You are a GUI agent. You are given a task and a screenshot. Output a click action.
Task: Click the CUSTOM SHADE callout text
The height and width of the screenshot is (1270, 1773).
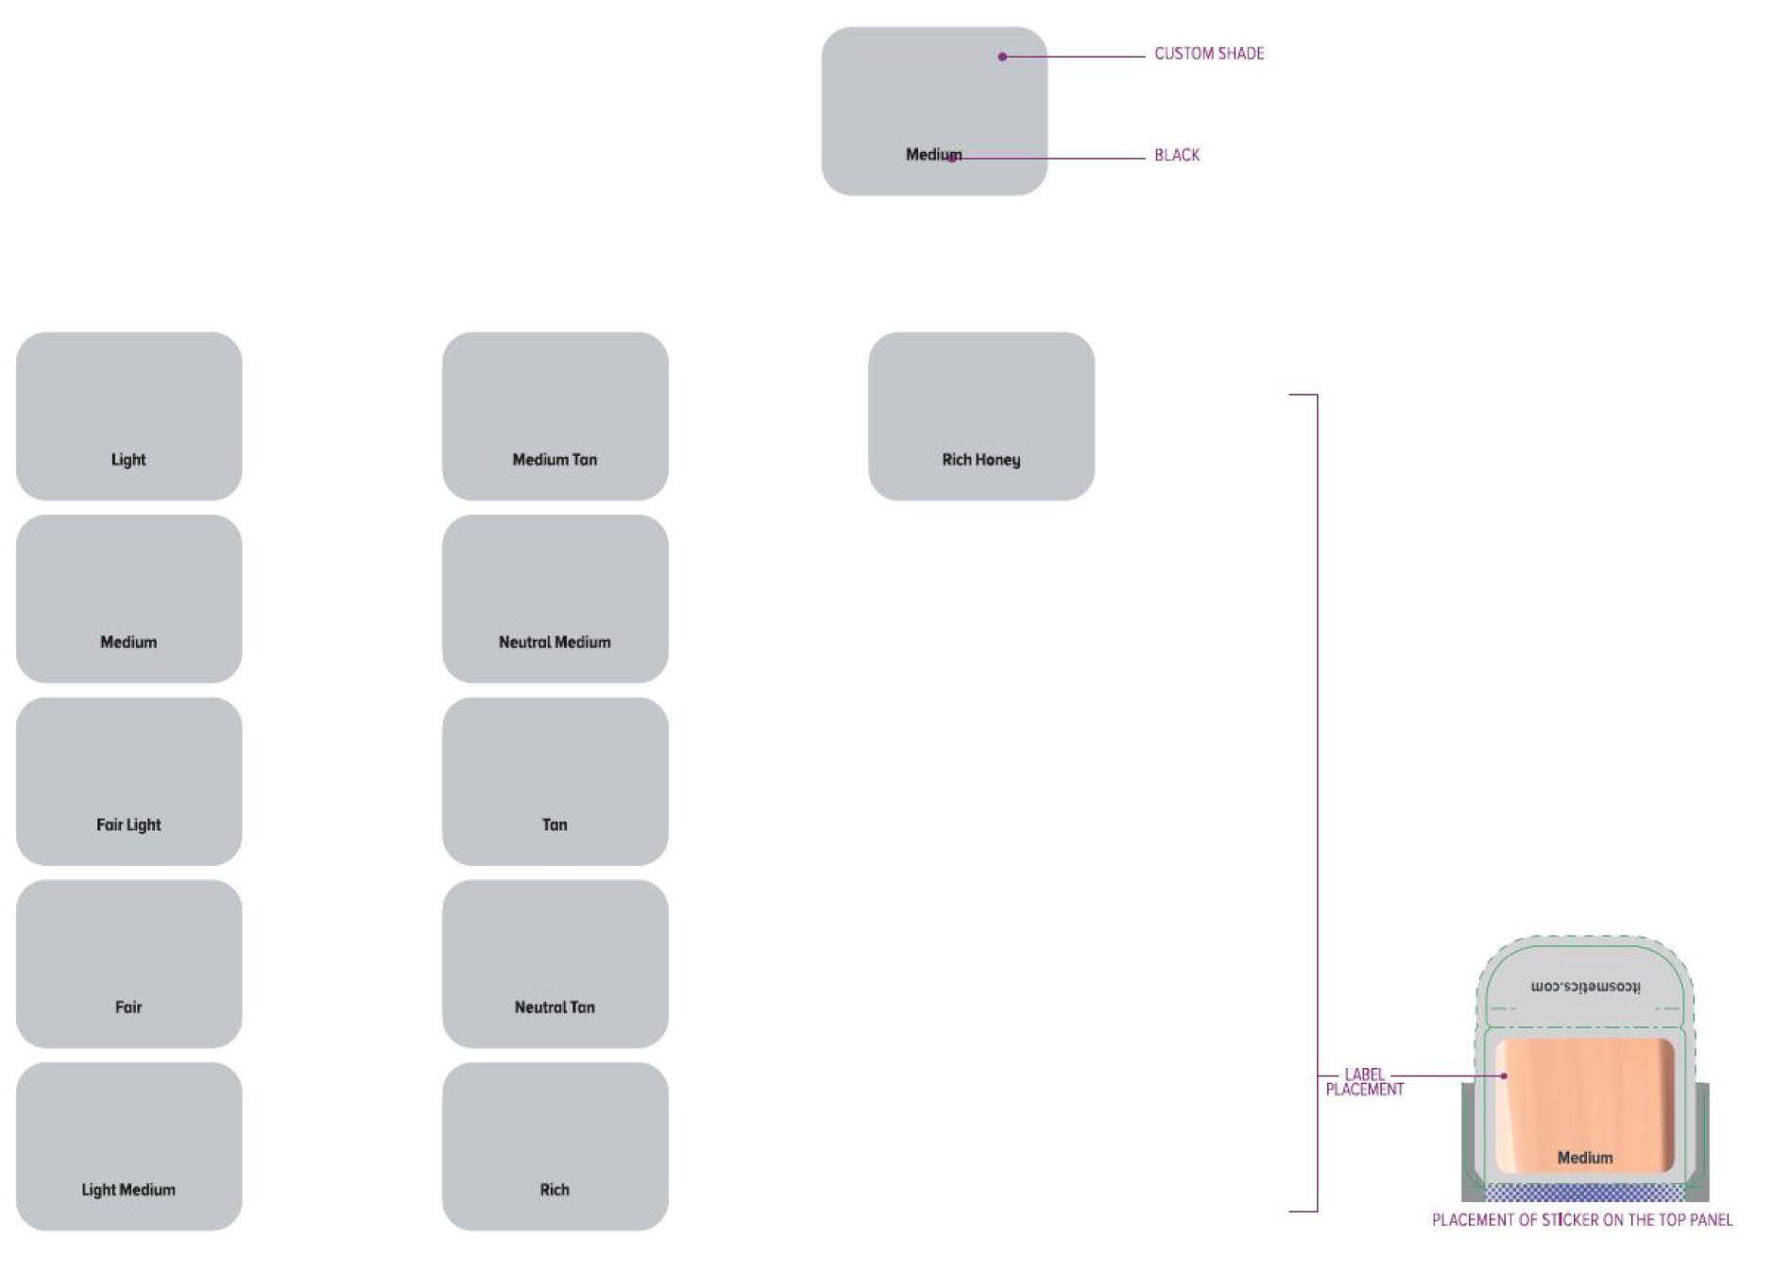point(1208,54)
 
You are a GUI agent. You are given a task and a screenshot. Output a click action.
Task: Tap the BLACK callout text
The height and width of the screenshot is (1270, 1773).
point(1176,155)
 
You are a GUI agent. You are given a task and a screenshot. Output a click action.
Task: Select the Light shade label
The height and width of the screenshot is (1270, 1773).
point(128,460)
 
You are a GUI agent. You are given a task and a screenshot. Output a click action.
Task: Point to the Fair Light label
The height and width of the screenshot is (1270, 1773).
point(128,824)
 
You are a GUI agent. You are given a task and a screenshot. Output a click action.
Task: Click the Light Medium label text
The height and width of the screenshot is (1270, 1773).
point(128,1190)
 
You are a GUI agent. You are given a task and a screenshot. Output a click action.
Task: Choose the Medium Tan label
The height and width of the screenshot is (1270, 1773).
point(554,460)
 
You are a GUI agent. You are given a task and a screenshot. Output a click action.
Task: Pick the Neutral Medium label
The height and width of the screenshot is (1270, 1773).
point(554,642)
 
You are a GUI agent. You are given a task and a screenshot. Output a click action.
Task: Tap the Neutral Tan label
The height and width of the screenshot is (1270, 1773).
point(554,1008)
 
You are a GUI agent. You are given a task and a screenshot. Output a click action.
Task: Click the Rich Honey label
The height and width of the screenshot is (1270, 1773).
point(980,460)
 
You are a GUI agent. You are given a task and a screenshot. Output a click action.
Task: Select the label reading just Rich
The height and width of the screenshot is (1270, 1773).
point(554,1190)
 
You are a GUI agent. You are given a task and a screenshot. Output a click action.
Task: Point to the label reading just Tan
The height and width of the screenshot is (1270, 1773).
point(554,824)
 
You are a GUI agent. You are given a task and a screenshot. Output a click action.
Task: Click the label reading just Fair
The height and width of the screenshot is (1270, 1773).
point(128,1008)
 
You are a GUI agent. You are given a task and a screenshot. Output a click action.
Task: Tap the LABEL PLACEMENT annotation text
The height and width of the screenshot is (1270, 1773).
point(1364,1082)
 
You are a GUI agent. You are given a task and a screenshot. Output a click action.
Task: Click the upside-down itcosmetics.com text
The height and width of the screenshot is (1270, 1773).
point(1585,987)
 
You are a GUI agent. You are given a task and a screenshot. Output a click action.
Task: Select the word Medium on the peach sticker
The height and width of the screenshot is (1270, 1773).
point(1584,1158)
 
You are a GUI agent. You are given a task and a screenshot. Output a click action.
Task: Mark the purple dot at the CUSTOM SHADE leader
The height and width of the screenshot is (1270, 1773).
point(1002,57)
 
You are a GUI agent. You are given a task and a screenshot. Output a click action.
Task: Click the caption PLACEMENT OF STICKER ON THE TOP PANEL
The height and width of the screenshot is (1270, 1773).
point(1581,1220)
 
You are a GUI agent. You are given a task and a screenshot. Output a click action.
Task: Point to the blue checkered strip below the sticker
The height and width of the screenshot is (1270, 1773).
point(1584,1192)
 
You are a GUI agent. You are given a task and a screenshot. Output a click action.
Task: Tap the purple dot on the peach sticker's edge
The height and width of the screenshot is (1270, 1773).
point(1504,1075)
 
